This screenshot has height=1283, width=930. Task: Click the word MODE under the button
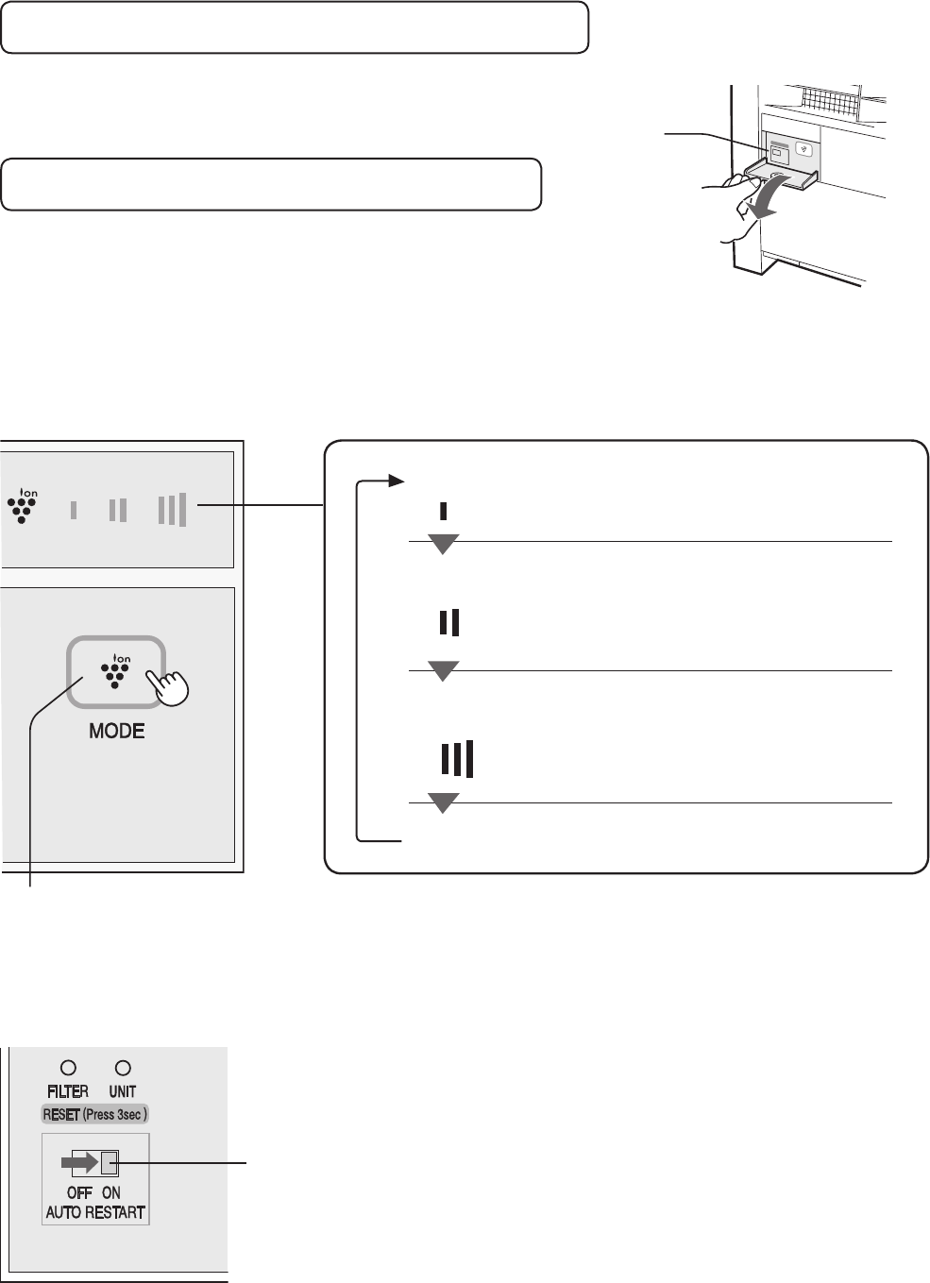coord(117,731)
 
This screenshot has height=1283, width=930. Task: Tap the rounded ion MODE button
coord(116,672)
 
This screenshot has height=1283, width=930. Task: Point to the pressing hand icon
coord(167,686)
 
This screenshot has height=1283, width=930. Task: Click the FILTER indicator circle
coord(68,1068)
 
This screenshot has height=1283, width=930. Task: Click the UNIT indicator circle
coord(123,1068)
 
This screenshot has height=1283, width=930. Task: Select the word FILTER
coord(68,1091)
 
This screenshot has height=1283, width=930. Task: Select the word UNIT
coord(123,1091)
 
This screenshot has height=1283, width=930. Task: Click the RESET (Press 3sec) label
coord(95,1115)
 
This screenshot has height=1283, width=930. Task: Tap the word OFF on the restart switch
coord(79,1193)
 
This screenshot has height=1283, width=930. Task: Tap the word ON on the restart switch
coord(111,1193)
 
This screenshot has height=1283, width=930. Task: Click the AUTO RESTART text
coord(95,1212)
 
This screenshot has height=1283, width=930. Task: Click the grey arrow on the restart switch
coord(79,1163)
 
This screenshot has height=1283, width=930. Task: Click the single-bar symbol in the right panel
coord(443,511)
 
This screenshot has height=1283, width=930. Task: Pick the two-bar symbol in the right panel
coord(449,622)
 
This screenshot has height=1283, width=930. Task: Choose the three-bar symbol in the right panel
coord(457,759)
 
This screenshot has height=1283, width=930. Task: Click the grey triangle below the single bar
coord(443,543)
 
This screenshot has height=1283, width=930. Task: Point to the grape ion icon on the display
coord(23,506)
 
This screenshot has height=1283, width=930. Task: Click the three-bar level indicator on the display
coord(173,509)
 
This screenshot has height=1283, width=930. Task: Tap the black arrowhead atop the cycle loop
coord(397,481)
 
